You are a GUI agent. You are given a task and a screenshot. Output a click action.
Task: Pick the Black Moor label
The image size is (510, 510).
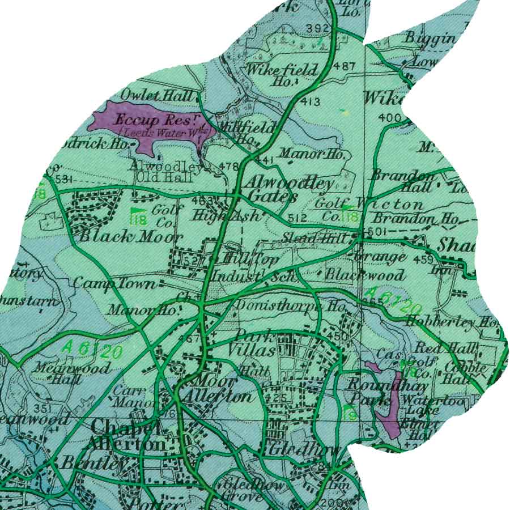pyautogui.click(x=130, y=237)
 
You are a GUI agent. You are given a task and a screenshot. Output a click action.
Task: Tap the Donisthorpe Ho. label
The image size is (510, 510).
pyautogui.click(x=290, y=306)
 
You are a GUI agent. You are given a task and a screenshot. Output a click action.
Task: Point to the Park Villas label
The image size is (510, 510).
pyautogui.click(x=252, y=343)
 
